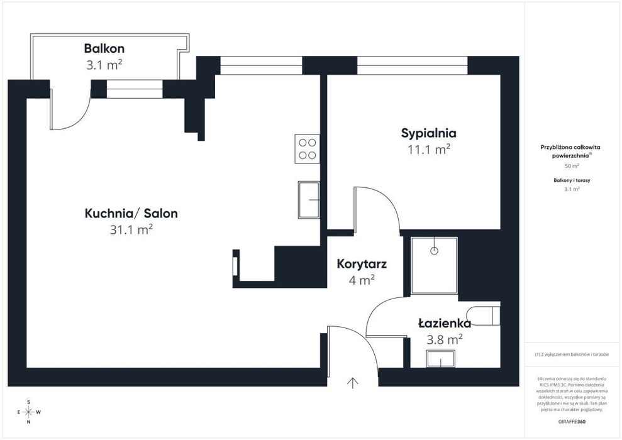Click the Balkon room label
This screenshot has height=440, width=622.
click(x=104, y=48)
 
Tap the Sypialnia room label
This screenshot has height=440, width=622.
click(x=429, y=133)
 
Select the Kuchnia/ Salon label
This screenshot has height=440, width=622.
click(x=131, y=213)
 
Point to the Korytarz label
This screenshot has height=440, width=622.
click(x=362, y=263)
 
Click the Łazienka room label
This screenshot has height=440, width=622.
click(x=445, y=324)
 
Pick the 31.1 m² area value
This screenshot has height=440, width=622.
click(x=131, y=229)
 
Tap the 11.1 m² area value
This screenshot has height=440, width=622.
click(x=429, y=150)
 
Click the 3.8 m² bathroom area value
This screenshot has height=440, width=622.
click(x=445, y=339)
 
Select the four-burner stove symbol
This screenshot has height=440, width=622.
click(x=307, y=148)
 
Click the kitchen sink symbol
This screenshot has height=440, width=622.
click(x=309, y=200)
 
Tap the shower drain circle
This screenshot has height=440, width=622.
click(x=435, y=251)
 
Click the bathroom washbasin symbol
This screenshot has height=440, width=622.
click(x=440, y=359)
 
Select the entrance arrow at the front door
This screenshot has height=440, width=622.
click(x=353, y=383)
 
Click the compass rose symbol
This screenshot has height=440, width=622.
click(x=28, y=412)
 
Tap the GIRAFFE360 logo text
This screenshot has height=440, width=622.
click(x=572, y=422)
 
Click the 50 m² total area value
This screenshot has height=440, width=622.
click(x=572, y=166)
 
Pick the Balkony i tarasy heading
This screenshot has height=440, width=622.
click(x=572, y=180)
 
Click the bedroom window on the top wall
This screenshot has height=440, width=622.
click(x=413, y=65)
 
